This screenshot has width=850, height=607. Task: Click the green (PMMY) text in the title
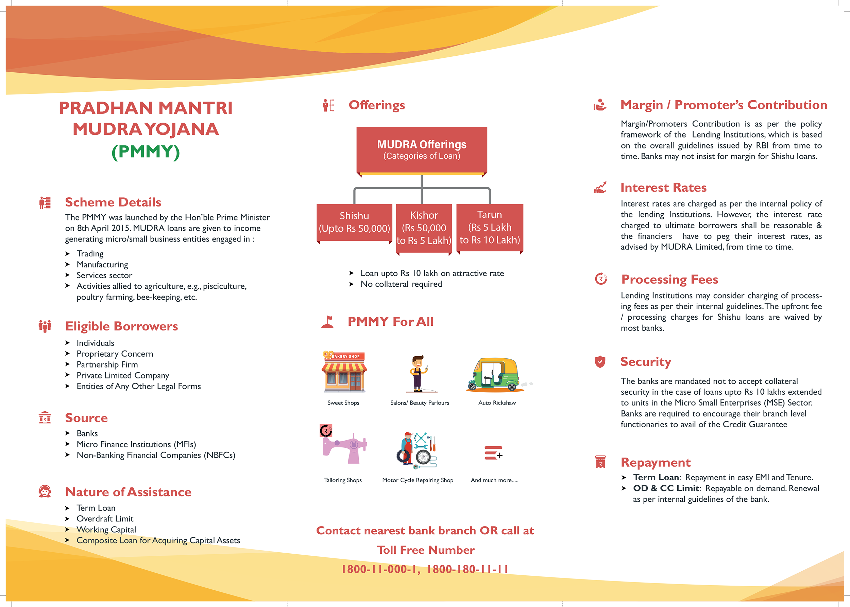point(146,152)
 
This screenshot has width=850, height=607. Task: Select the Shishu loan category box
point(354,222)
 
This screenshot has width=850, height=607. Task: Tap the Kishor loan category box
point(424,228)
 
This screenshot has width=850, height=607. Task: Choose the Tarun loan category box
point(490,227)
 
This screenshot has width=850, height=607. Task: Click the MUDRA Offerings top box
point(422,149)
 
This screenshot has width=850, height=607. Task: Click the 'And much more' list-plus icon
point(493,453)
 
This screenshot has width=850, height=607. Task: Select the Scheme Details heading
point(113,202)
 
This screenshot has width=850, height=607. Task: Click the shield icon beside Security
point(600,361)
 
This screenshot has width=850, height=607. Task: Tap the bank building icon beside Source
point(45,417)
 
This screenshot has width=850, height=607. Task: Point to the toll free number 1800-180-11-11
point(468,569)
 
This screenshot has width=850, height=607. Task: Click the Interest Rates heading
point(663,188)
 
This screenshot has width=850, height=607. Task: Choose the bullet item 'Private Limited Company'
point(123,375)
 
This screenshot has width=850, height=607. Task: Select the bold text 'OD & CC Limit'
point(666,488)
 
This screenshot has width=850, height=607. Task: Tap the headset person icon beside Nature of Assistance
point(45,492)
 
